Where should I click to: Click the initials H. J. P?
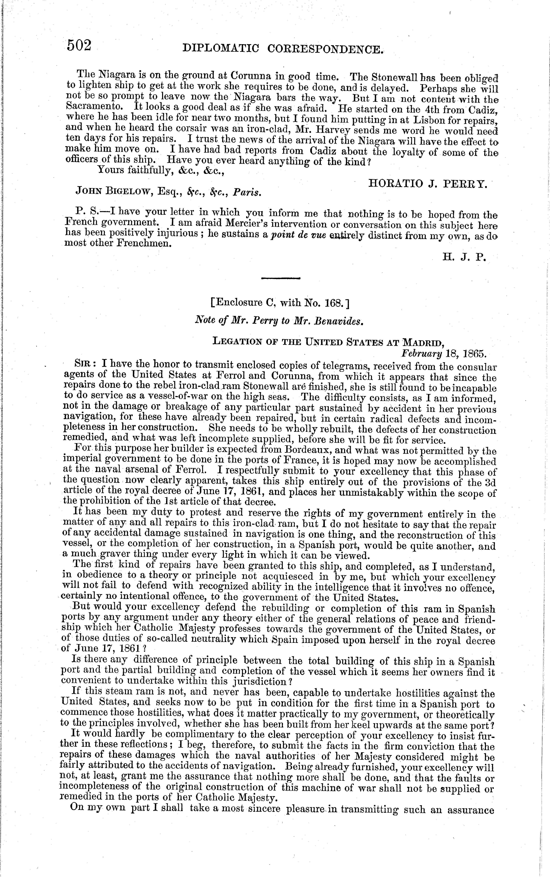pos(464,257)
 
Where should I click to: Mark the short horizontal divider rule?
pos(280,279)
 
